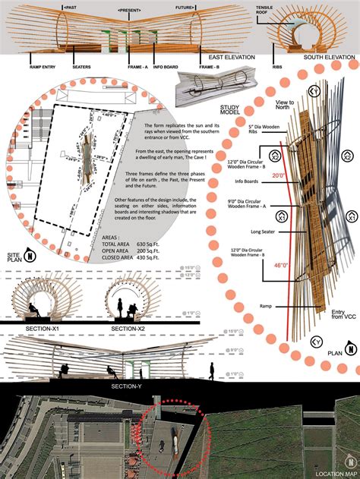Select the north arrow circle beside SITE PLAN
[28, 254]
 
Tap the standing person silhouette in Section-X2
[122, 307]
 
